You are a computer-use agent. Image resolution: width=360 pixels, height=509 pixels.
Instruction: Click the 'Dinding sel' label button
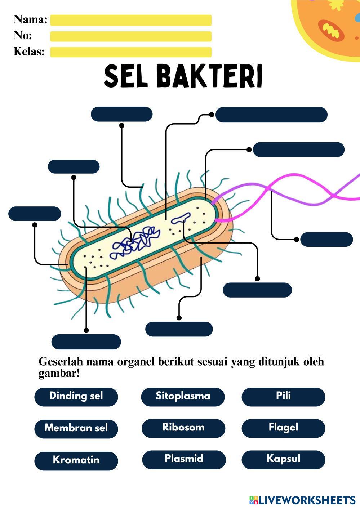pyautogui.click(x=76, y=396)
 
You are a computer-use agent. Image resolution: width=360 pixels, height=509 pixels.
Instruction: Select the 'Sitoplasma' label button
pyautogui.click(x=183, y=396)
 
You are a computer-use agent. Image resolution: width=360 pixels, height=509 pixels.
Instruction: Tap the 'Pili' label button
pyautogui.click(x=283, y=396)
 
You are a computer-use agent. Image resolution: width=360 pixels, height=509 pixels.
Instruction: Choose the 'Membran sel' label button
pyautogui.click(x=76, y=428)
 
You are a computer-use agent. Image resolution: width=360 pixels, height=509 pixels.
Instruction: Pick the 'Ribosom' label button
pyautogui.click(x=183, y=428)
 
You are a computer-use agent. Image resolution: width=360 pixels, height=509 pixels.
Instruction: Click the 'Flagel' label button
pyautogui.click(x=283, y=428)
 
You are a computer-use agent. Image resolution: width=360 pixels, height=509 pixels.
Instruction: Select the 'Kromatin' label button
pyautogui.click(x=76, y=460)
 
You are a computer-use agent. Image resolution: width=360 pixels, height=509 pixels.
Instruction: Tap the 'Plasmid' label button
pyautogui.click(x=184, y=459)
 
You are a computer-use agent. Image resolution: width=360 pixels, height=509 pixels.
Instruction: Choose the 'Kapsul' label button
pyautogui.click(x=283, y=459)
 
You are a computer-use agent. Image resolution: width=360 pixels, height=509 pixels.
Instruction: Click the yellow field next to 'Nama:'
pyautogui.click(x=130, y=20)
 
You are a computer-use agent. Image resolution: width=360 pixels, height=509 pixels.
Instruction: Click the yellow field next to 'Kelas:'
pyautogui.click(x=130, y=52)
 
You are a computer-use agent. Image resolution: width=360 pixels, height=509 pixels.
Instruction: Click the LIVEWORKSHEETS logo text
pyautogui.click(x=306, y=500)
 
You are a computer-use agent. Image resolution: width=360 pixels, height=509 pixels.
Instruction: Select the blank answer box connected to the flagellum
pyautogui.click(x=326, y=240)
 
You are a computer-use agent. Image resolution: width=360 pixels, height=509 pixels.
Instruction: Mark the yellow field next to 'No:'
pyautogui.click(x=130, y=36)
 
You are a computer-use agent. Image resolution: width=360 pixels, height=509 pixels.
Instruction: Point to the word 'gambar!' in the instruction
pyautogui.click(x=59, y=374)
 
